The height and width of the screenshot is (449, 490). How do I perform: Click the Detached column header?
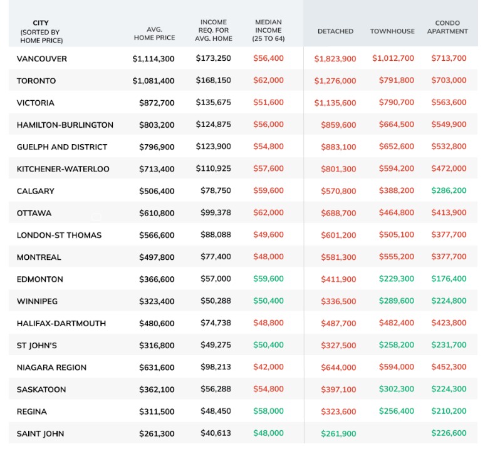(335, 31)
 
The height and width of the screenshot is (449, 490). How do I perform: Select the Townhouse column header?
(392, 31)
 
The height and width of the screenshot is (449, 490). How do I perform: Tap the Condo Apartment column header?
(447, 27)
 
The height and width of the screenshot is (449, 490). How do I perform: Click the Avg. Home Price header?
(154, 34)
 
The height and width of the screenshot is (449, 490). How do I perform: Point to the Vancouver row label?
(42, 59)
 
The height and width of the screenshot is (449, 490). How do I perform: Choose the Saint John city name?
(40, 434)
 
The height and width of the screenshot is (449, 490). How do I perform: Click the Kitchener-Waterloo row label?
(63, 169)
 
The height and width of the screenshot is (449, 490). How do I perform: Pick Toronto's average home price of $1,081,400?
(154, 81)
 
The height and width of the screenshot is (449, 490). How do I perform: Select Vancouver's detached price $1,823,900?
(335, 59)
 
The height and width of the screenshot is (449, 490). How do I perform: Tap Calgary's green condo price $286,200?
(449, 190)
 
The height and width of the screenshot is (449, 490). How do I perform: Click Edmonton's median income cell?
(268, 279)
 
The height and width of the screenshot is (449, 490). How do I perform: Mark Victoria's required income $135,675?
(214, 103)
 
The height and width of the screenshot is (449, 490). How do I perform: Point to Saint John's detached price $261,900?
(338, 434)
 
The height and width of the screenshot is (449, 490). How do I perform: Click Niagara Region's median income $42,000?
(268, 367)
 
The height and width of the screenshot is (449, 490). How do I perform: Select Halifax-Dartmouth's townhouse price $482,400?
(397, 323)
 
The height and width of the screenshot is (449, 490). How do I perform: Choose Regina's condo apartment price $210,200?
(449, 411)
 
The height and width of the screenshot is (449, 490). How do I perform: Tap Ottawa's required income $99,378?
(216, 213)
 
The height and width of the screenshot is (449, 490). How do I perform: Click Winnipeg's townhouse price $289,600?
(397, 301)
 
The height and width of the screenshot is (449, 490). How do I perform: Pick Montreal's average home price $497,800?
(157, 257)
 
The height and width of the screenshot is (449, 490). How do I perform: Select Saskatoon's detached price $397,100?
(338, 390)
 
